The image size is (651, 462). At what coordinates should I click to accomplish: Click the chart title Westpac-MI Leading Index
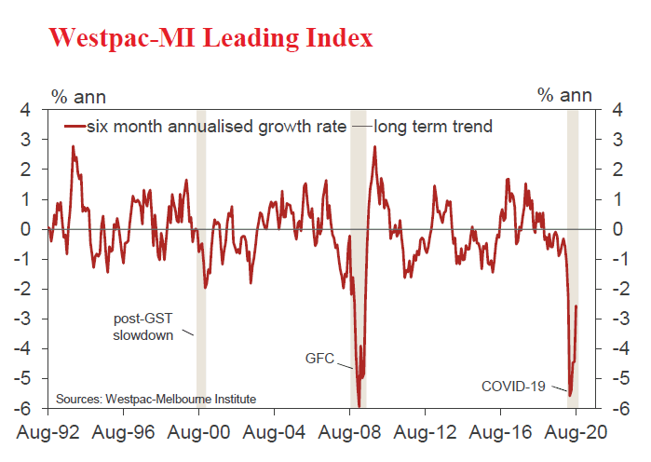(x=210, y=37)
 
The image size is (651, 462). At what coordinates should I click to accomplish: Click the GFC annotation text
(x=319, y=357)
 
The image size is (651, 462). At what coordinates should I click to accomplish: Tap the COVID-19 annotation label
(x=514, y=385)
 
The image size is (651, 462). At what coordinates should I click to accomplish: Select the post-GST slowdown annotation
(x=143, y=327)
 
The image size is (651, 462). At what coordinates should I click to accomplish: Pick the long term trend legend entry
(x=432, y=126)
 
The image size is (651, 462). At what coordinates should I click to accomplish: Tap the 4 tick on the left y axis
(x=26, y=110)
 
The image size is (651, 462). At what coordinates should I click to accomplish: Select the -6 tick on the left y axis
(x=23, y=408)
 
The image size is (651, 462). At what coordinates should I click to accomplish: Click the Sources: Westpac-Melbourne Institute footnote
(x=156, y=399)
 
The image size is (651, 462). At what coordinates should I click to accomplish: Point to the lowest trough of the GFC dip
(x=359, y=405)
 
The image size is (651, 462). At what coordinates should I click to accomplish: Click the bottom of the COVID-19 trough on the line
(x=570, y=395)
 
